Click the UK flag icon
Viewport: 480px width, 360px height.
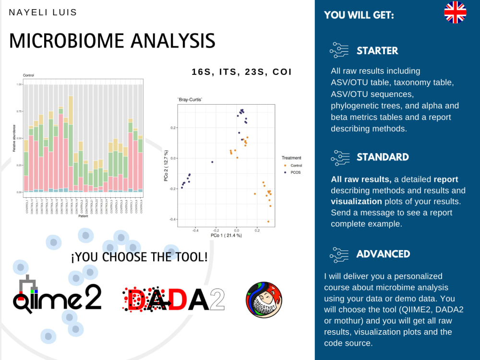coord(455,12)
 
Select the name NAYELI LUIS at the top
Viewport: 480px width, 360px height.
coord(43,12)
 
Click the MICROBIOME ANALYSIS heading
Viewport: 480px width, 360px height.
coord(112,41)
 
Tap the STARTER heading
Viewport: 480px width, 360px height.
coord(377,50)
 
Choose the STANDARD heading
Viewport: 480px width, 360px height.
coord(383,157)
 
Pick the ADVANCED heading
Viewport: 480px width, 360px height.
coord(383,254)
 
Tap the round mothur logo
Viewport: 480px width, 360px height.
coord(264,300)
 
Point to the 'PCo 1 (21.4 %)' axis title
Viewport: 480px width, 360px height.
coord(226,236)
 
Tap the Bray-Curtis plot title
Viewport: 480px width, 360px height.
coord(190,99)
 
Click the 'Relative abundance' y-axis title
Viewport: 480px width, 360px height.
coord(15,138)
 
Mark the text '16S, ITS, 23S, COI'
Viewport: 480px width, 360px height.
coord(241,72)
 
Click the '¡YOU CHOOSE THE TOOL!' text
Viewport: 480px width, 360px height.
coord(139,257)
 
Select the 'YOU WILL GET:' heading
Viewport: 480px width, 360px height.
coord(359,15)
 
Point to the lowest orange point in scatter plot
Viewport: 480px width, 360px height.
coord(268,221)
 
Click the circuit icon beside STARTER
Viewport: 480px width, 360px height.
coord(339,50)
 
